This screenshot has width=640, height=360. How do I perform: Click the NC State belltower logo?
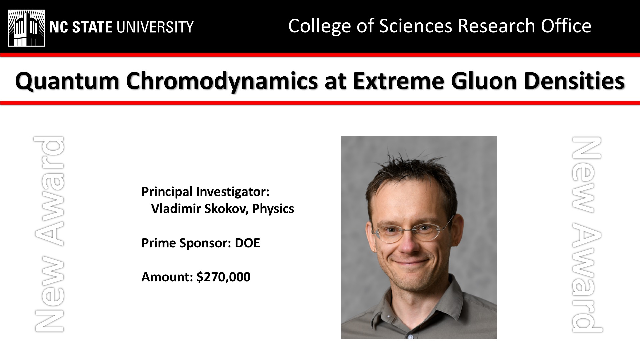pos(27,28)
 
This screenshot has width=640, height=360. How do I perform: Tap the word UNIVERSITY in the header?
pos(154,27)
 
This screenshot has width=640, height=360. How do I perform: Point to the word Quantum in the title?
pos(67,81)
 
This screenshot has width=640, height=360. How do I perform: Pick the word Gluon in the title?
pos(484,81)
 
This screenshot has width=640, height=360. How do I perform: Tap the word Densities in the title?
pos(574,81)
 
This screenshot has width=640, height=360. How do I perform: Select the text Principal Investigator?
pos(205,192)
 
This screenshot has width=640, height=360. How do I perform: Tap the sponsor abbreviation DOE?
pos(247,243)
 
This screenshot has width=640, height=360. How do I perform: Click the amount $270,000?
pos(223,277)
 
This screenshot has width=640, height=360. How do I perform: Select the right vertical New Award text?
pos(587,235)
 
